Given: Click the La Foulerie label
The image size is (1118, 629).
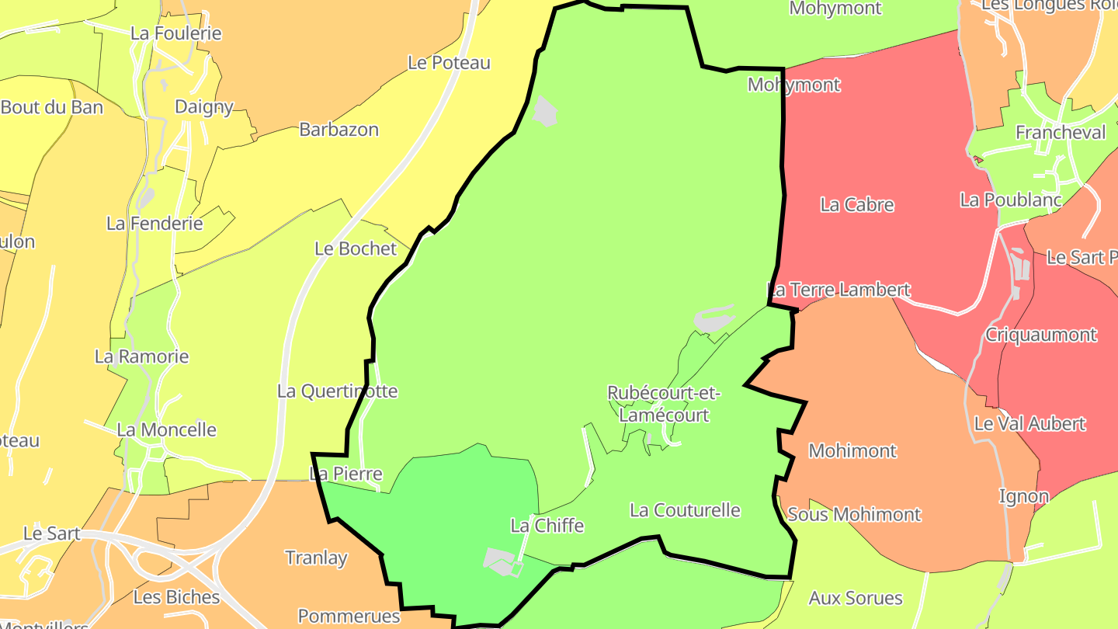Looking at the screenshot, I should (176, 33).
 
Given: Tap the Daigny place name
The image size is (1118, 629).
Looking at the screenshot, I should (204, 106).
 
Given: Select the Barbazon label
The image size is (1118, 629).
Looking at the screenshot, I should (339, 129).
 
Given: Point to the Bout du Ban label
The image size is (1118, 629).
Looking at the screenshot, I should (52, 107).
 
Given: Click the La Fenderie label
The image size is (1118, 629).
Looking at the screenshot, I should (155, 224).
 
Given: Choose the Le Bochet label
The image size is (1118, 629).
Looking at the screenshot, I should (356, 248).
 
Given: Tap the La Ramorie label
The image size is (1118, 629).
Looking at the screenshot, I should (142, 356).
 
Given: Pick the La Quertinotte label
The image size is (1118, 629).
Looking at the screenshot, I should (338, 391).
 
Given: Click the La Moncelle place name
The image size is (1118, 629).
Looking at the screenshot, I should (167, 429).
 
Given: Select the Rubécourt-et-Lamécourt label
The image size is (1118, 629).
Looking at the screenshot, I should (664, 404).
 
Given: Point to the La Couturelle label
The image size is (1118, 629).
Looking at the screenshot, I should (685, 510).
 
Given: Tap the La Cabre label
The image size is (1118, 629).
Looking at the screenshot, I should (857, 205).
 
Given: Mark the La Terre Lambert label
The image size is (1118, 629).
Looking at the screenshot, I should (838, 290).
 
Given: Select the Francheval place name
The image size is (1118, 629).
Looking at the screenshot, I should (1061, 133).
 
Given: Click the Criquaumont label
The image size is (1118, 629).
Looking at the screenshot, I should (1040, 335).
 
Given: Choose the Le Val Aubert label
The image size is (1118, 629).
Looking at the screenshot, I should (1029, 424).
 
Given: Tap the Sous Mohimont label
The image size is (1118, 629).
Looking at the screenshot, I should (854, 514).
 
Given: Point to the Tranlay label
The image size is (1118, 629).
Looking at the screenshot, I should (316, 558).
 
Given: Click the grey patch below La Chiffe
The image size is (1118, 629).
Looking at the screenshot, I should (501, 561).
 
